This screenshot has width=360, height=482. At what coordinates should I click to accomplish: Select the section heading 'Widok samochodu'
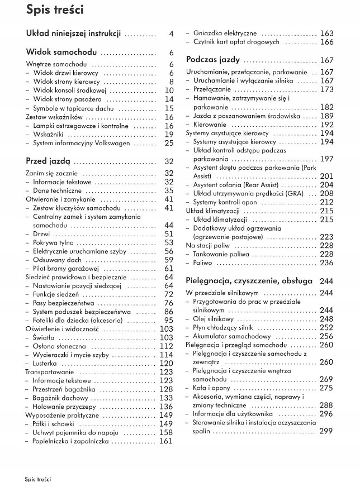[x=61, y=53]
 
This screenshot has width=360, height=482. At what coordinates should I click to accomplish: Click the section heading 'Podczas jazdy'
[x=213, y=59]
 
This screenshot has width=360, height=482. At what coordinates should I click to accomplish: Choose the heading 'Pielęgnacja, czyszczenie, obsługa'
[x=249, y=281]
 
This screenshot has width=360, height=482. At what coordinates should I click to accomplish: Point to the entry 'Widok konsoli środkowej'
[x=70, y=90]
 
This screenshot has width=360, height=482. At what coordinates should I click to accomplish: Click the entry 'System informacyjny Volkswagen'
[x=81, y=144]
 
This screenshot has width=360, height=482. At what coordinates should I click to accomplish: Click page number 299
[x=326, y=431]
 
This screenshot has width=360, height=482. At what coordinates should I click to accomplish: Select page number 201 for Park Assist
[x=326, y=176]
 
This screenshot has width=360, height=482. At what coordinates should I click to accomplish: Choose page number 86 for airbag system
[x=168, y=312]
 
